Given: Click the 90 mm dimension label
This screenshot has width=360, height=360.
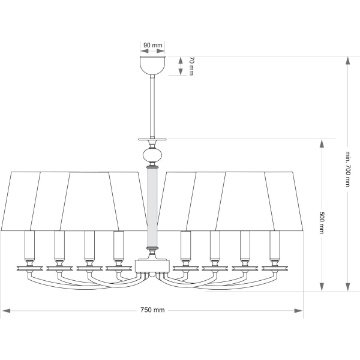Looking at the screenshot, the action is (x=152, y=45).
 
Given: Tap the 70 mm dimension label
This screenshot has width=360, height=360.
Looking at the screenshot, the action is (x=191, y=67).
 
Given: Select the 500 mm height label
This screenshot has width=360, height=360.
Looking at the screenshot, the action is (x=322, y=223).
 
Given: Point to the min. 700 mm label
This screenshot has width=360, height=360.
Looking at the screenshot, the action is (x=348, y=169).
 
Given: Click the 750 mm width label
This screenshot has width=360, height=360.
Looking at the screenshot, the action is (x=152, y=310).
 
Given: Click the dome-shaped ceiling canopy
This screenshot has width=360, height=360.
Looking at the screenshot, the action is (x=152, y=65).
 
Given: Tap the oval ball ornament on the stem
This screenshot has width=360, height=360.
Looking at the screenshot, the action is (x=152, y=155).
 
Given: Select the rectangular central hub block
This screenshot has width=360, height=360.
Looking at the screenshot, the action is (x=152, y=266).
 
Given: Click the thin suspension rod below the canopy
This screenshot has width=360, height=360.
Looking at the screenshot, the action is (x=152, y=106).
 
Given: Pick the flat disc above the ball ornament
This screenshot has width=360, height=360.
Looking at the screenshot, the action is (x=152, y=139).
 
